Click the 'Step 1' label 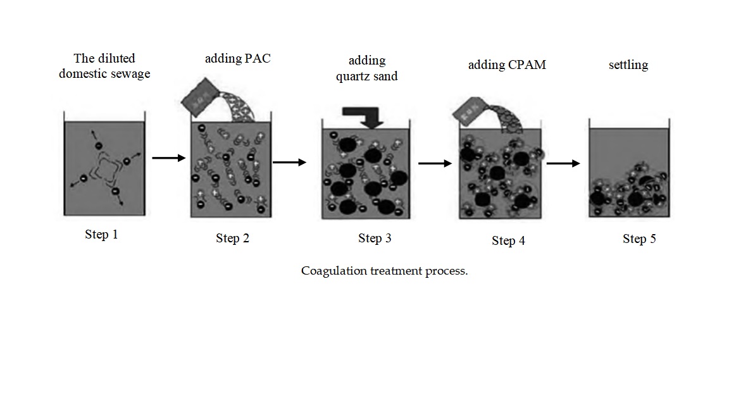101,235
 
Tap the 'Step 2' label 232,239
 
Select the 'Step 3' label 375,239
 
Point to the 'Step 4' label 508,240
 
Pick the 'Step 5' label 639,239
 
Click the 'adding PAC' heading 237,59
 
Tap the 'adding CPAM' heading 507,65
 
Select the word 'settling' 628,65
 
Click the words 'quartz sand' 367,77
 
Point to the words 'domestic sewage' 104,74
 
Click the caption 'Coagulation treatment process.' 384,271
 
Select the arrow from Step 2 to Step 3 289,163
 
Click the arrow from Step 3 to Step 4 435,163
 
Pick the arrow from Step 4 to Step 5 563,163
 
